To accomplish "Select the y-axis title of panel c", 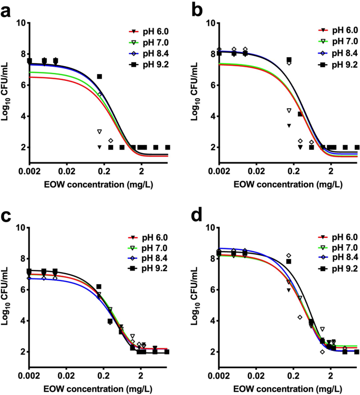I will tap(7, 289).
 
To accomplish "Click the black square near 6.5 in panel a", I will tap(99, 77).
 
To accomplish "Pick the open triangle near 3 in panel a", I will tap(99, 131).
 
